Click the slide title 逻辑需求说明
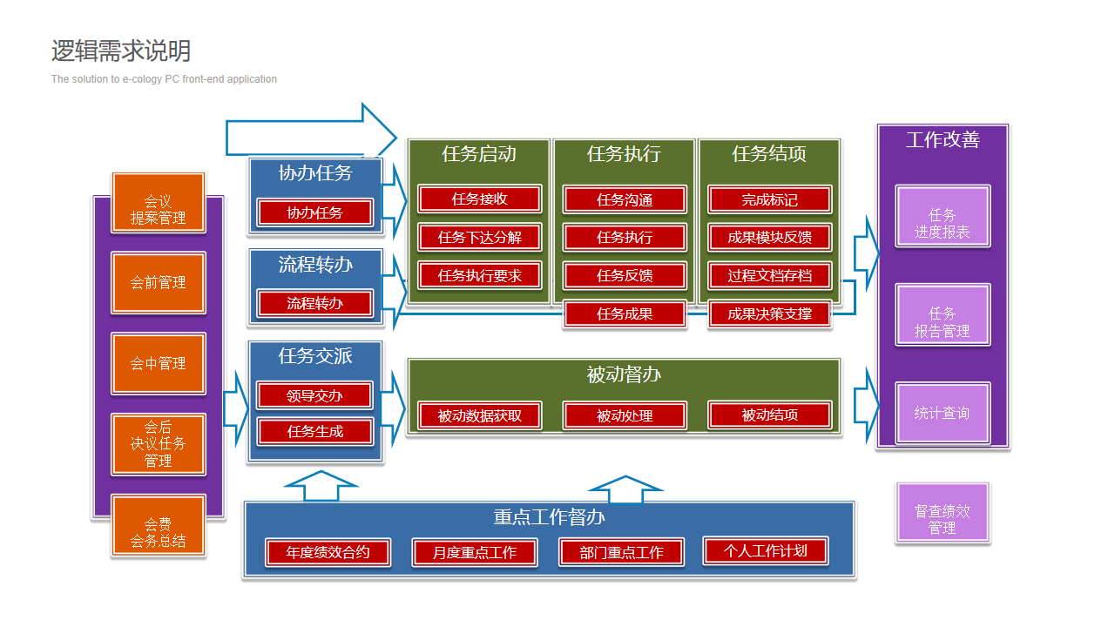pos(120,51)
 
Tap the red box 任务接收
pos(479,199)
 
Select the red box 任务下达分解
pos(479,237)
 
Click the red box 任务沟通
pos(625,199)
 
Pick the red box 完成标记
pos(769,199)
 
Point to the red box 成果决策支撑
pos(769,313)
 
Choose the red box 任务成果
pos(625,313)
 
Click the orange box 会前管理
pos(158,282)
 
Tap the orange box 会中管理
pos(158,363)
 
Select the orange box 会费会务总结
pos(158,532)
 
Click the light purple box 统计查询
pos(942,413)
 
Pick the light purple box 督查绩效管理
pos(942,519)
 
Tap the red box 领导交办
pos(314,395)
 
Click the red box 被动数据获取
pos(479,415)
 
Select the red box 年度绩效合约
pos(328,552)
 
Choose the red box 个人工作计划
pos(765,550)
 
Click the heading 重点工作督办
pos(549,517)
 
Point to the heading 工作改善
pos(943,140)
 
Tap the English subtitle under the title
pos(164,79)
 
